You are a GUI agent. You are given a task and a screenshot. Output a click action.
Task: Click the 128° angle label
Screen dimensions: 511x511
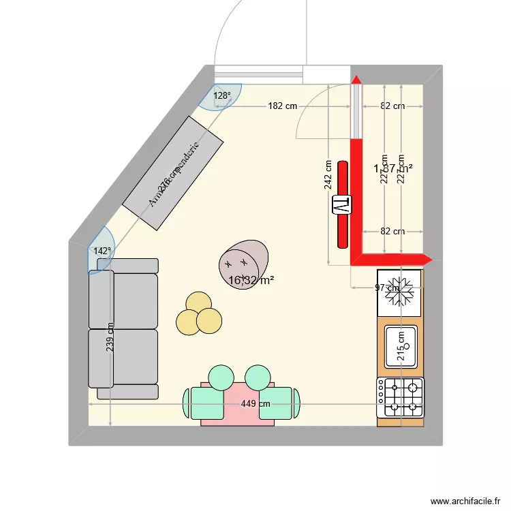point(222,96)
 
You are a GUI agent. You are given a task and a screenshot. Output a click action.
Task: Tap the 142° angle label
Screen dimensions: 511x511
point(102,251)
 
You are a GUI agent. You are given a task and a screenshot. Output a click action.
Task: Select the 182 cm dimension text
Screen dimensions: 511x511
point(282,106)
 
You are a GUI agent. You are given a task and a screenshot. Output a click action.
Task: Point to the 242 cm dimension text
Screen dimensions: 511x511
point(328,174)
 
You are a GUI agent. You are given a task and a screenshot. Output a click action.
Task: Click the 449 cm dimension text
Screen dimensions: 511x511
point(255,404)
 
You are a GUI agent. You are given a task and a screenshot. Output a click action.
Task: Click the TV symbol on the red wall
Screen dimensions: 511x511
point(341,204)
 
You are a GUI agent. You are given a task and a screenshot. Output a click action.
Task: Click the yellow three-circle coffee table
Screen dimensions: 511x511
point(199,315)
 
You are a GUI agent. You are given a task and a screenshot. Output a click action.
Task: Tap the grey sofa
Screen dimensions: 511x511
point(123,328)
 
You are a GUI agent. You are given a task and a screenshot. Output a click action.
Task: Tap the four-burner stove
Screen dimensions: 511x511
point(400,397)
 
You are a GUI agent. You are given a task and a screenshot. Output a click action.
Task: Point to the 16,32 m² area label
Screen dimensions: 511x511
point(251,280)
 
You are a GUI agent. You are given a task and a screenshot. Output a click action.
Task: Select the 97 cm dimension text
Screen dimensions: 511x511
point(386,288)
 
